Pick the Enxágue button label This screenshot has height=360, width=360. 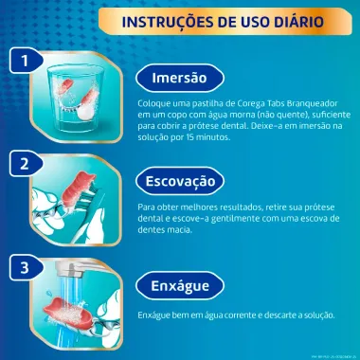(192, 285)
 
